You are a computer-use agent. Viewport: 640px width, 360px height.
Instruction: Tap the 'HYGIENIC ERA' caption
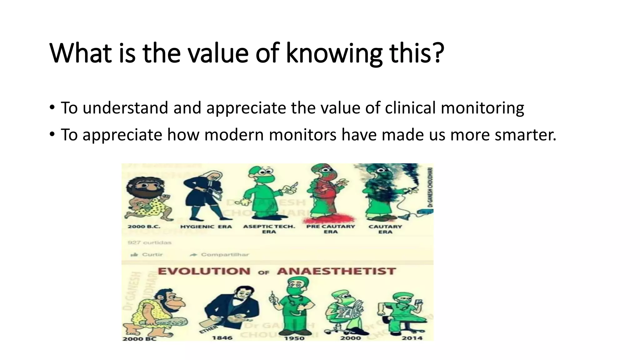206,227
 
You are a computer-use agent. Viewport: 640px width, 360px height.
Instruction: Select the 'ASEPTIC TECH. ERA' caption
269,229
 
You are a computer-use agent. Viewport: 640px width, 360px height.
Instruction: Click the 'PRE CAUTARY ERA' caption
331,229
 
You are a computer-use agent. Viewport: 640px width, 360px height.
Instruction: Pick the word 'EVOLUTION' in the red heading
204,271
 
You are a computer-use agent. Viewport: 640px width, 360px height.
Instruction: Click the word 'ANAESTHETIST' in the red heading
336,271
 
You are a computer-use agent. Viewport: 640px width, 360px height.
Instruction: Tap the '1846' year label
222,338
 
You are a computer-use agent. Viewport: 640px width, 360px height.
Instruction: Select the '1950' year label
294,338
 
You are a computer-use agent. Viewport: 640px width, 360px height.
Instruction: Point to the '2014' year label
412,338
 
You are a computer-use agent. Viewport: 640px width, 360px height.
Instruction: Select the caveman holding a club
156,312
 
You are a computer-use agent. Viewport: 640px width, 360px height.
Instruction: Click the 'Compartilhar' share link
224,254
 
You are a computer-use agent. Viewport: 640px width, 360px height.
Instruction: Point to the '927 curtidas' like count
150,242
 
